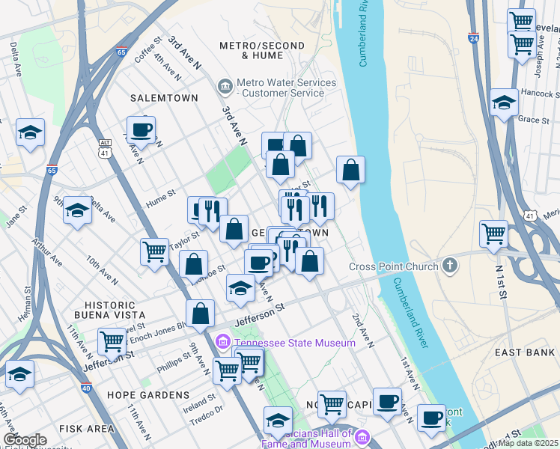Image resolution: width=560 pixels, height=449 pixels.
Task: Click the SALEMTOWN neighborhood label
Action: [163, 98]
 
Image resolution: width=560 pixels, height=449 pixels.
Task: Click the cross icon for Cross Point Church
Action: [449, 266]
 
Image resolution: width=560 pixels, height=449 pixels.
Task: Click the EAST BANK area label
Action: [524, 351]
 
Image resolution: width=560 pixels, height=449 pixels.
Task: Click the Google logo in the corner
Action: [25, 440]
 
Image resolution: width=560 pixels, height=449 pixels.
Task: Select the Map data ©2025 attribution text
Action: [529, 443]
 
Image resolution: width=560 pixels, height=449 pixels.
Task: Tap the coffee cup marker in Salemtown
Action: [141, 130]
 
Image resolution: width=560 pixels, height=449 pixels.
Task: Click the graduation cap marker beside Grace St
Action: [505, 103]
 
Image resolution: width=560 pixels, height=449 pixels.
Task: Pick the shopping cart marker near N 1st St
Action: [493, 234]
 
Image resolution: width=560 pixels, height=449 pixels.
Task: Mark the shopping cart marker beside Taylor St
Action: [154, 251]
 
